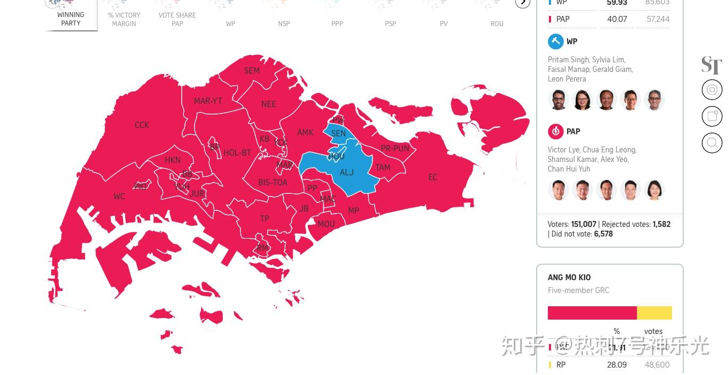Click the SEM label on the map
click(x=252, y=71)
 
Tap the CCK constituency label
click(x=142, y=125)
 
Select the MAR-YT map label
click(x=208, y=101)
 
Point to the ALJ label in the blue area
click(x=346, y=172)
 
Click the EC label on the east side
click(x=433, y=177)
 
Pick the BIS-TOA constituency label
click(x=273, y=183)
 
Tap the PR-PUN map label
click(x=395, y=149)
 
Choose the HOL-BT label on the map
click(x=237, y=153)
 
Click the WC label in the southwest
click(x=119, y=197)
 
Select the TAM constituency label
click(x=383, y=168)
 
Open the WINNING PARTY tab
click(x=71, y=19)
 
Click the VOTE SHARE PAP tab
click(x=177, y=19)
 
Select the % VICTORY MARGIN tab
click(x=124, y=19)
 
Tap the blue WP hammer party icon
click(x=556, y=42)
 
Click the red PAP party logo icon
click(x=556, y=132)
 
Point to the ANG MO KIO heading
click(x=569, y=278)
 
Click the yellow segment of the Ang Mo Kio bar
click(x=654, y=313)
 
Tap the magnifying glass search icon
click(x=712, y=143)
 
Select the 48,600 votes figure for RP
click(x=657, y=365)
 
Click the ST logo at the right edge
click(x=711, y=65)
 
